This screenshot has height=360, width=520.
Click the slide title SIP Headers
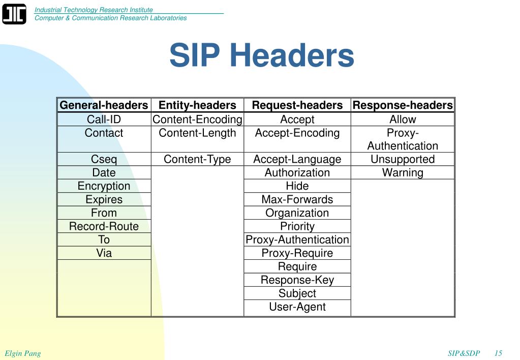pos(261,55)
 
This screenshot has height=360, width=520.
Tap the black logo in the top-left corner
pos(14,14)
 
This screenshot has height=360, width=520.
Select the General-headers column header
pos(104,105)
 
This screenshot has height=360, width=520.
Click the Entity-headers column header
pos(197,105)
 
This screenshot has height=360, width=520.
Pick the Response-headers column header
pos(403,105)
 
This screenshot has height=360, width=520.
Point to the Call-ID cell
pos(104,119)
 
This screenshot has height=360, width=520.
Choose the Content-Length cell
pos(197,133)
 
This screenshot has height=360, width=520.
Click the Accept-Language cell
pos(297,160)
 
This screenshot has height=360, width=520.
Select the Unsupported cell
pos(403,160)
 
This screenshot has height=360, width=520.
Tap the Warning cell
pos(403,173)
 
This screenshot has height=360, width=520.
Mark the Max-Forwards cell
pos(297,200)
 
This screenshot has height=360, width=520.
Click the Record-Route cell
pos(104,226)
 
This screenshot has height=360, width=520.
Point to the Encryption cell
pos(104,186)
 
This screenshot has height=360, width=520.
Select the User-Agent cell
pos(297,307)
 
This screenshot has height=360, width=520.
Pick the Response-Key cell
pos(297,280)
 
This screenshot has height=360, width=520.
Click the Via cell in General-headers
pos(104,253)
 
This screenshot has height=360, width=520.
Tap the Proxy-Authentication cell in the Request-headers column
pos(297,240)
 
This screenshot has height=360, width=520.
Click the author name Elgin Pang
pos(23,353)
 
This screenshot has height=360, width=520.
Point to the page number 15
pos(498,353)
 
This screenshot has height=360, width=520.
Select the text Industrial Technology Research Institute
pos(94,10)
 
